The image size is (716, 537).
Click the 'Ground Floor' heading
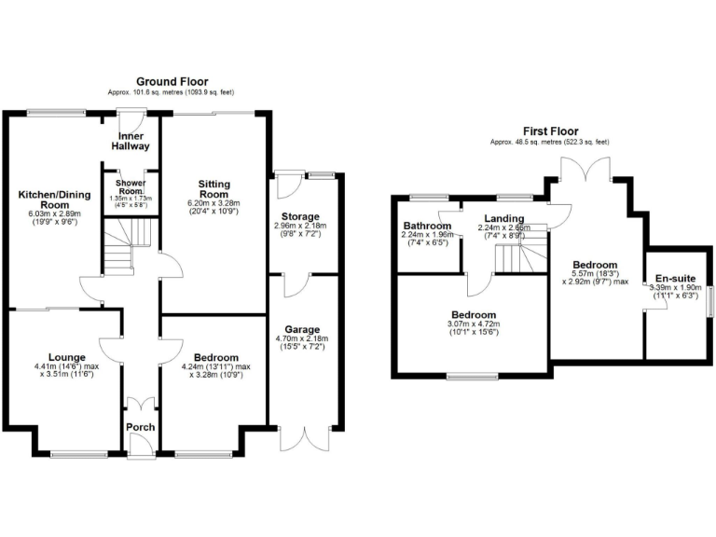click(x=172, y=82)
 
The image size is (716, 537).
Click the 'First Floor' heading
click(x=550, y=131)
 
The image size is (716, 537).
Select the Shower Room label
click(x=131, y=186)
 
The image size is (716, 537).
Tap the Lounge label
click(x=67, y=357)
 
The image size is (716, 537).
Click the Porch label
click(x=141, y=428)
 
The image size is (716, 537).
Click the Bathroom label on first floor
click(x=427, y=227)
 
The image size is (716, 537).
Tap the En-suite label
click(x=676, y=278)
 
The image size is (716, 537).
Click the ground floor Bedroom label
click(x=215, y=357)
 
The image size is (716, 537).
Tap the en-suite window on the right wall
click(x=710, y=300)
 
